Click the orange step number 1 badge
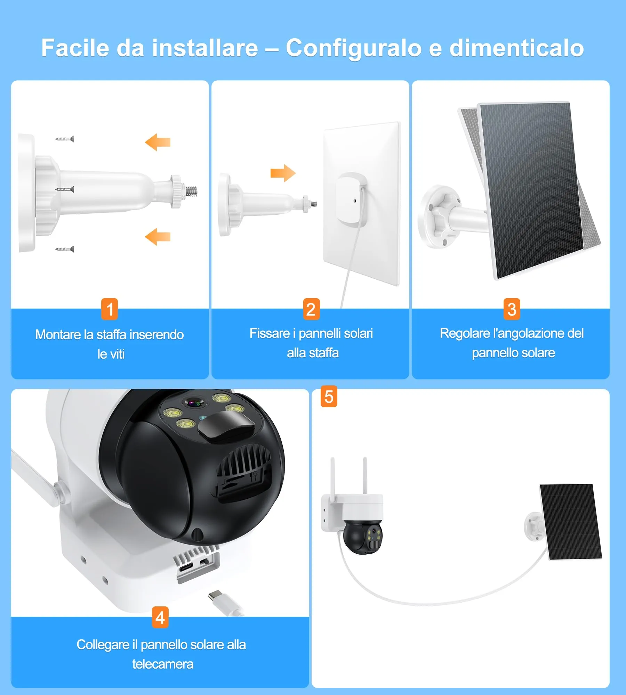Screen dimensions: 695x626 [x=110, y=309]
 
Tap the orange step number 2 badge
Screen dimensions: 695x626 [x=311, y=309]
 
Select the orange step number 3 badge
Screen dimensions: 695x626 [x=512, y=309]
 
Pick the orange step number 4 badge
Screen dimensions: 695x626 [x=160, y=617]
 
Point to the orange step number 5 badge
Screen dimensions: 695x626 [x=329, y=396]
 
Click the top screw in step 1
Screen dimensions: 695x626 [x=65, y=139]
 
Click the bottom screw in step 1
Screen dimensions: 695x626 [x=65, y=249]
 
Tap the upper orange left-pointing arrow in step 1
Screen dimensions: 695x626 [x=158, y=142]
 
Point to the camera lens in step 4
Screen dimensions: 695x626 [x=193, y=403]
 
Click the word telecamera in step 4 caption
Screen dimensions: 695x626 [x=162, y=664]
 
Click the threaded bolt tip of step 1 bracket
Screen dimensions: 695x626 [x=192, y=191]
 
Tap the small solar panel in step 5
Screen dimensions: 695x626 [x=570, y=521]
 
